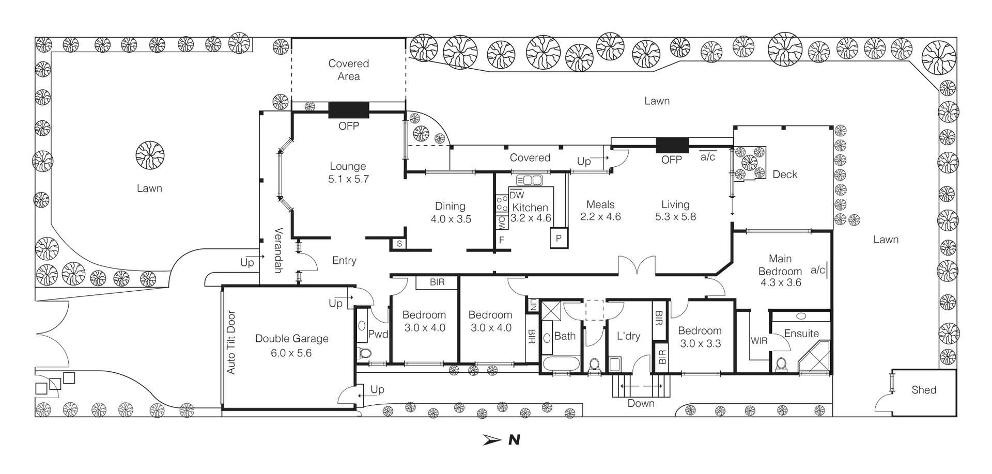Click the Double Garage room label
click(292, 345)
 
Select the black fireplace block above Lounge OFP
click(349, 110)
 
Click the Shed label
click(924, 390)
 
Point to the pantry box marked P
click(559, 239)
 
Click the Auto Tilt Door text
click(231, 342)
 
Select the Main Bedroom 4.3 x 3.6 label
click(780, 270)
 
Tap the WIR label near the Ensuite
click(759, 341)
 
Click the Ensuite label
click(801, 334)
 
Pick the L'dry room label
click(628, 336)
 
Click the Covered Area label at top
click(349, 70)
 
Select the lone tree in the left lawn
click(150, 155)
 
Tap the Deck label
click(785, 175)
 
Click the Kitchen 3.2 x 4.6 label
click(531, 212)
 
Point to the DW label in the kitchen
click(517, 195)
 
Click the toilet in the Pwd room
click(364, 354)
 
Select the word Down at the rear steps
click(641, 403)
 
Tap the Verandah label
click(278, 250)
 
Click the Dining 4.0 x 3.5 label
click(451, 212)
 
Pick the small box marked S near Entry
click(399, 244)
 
